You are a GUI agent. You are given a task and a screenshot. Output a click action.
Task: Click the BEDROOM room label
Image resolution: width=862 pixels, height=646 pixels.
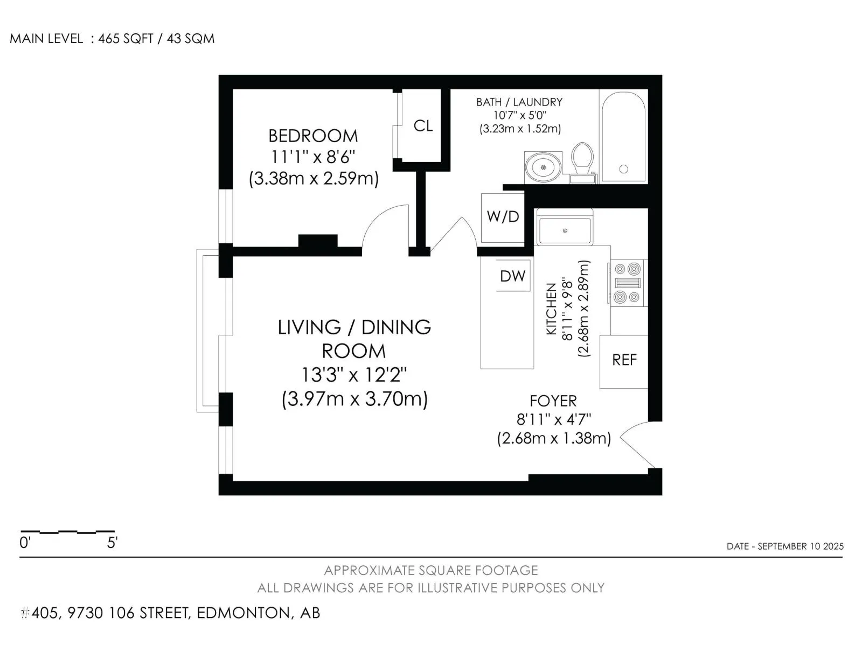coord(313,136)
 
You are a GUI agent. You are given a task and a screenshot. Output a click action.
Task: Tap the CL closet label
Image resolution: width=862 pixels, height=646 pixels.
coord(423,126)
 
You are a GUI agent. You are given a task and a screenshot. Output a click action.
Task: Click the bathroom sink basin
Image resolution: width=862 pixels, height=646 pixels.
coord(544,167)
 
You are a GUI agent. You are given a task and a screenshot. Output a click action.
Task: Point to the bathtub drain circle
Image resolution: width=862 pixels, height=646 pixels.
coord(624,169)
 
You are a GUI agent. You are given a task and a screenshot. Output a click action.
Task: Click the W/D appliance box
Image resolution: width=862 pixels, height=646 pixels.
coord(503,217)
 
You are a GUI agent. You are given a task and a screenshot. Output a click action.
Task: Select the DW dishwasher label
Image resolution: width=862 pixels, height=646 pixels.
coord(512,276)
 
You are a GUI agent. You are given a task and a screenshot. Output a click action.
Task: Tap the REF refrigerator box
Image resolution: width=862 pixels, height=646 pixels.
coord(624,362)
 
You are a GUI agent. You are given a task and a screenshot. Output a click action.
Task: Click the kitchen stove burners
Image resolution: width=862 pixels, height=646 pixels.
coord(627,283)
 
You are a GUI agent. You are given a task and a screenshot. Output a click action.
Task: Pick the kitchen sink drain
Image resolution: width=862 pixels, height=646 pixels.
coord(565,230)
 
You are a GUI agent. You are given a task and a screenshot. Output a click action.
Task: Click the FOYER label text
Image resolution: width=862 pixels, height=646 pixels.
coord(553,401)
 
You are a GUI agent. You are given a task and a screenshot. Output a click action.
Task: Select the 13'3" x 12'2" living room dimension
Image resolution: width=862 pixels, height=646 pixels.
coord(354,375)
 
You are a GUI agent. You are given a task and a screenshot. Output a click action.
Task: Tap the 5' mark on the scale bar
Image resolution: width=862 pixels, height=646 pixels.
coord(112,543)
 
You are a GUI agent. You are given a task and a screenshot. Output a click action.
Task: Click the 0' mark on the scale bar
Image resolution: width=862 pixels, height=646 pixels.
coord(25,543)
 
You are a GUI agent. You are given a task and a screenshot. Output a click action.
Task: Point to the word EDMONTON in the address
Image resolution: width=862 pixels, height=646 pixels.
coord(244,613)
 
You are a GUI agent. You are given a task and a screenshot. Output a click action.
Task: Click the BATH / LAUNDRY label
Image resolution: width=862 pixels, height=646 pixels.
coord(519,102)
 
